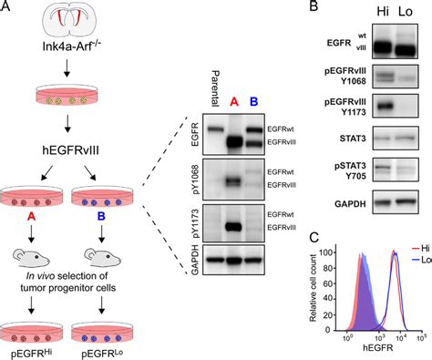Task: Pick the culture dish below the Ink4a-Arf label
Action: (61, 98)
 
